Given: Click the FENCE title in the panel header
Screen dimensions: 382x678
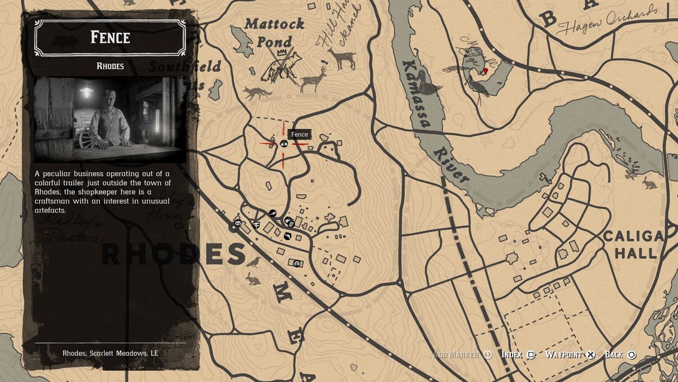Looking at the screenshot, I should tap(110, 38).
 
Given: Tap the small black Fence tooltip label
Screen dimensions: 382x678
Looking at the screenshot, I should tap(299, 134).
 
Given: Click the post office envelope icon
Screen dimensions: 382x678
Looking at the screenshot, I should tap(238, 223).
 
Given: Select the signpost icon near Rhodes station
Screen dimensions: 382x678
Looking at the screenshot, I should tap(256, 224).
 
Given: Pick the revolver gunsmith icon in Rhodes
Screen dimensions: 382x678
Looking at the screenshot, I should tap(273, 213).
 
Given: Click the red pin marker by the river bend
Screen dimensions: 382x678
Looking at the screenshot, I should tap(485, 71).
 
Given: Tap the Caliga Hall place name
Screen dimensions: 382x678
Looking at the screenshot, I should tap(633, 244).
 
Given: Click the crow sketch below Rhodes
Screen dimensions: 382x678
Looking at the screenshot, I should tap(254, 261).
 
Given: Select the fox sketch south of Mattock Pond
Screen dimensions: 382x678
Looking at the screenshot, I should tap(257, 92).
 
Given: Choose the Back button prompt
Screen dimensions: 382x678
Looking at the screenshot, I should tap(620, 355).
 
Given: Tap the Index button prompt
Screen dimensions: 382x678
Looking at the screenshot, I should tap(518, 355).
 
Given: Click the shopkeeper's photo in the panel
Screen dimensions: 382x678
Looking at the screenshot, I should tap(110, 119).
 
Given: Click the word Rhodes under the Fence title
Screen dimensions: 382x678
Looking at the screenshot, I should tap(110, 66).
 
